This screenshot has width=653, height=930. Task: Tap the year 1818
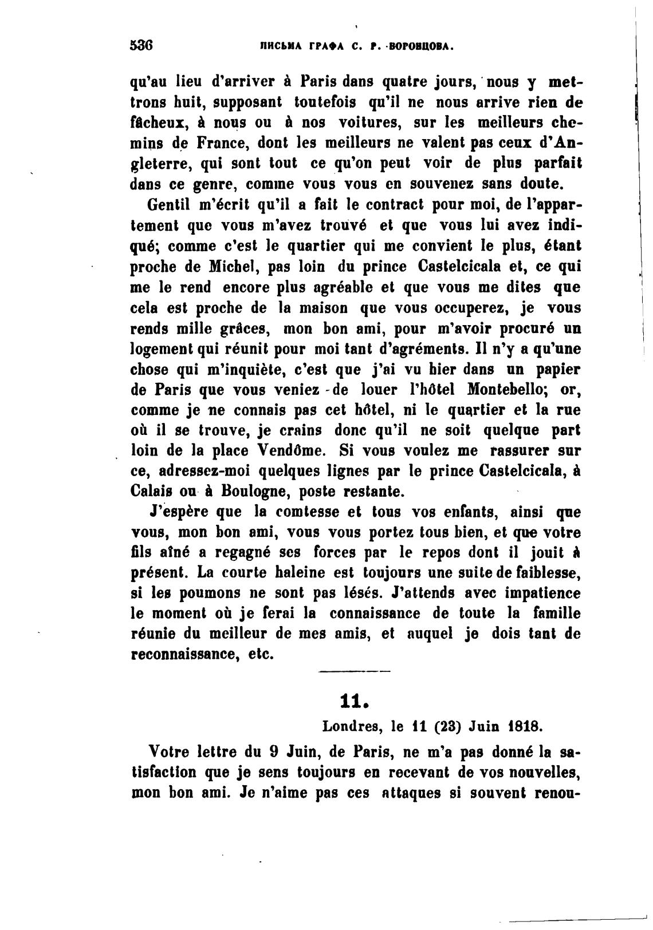525,726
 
